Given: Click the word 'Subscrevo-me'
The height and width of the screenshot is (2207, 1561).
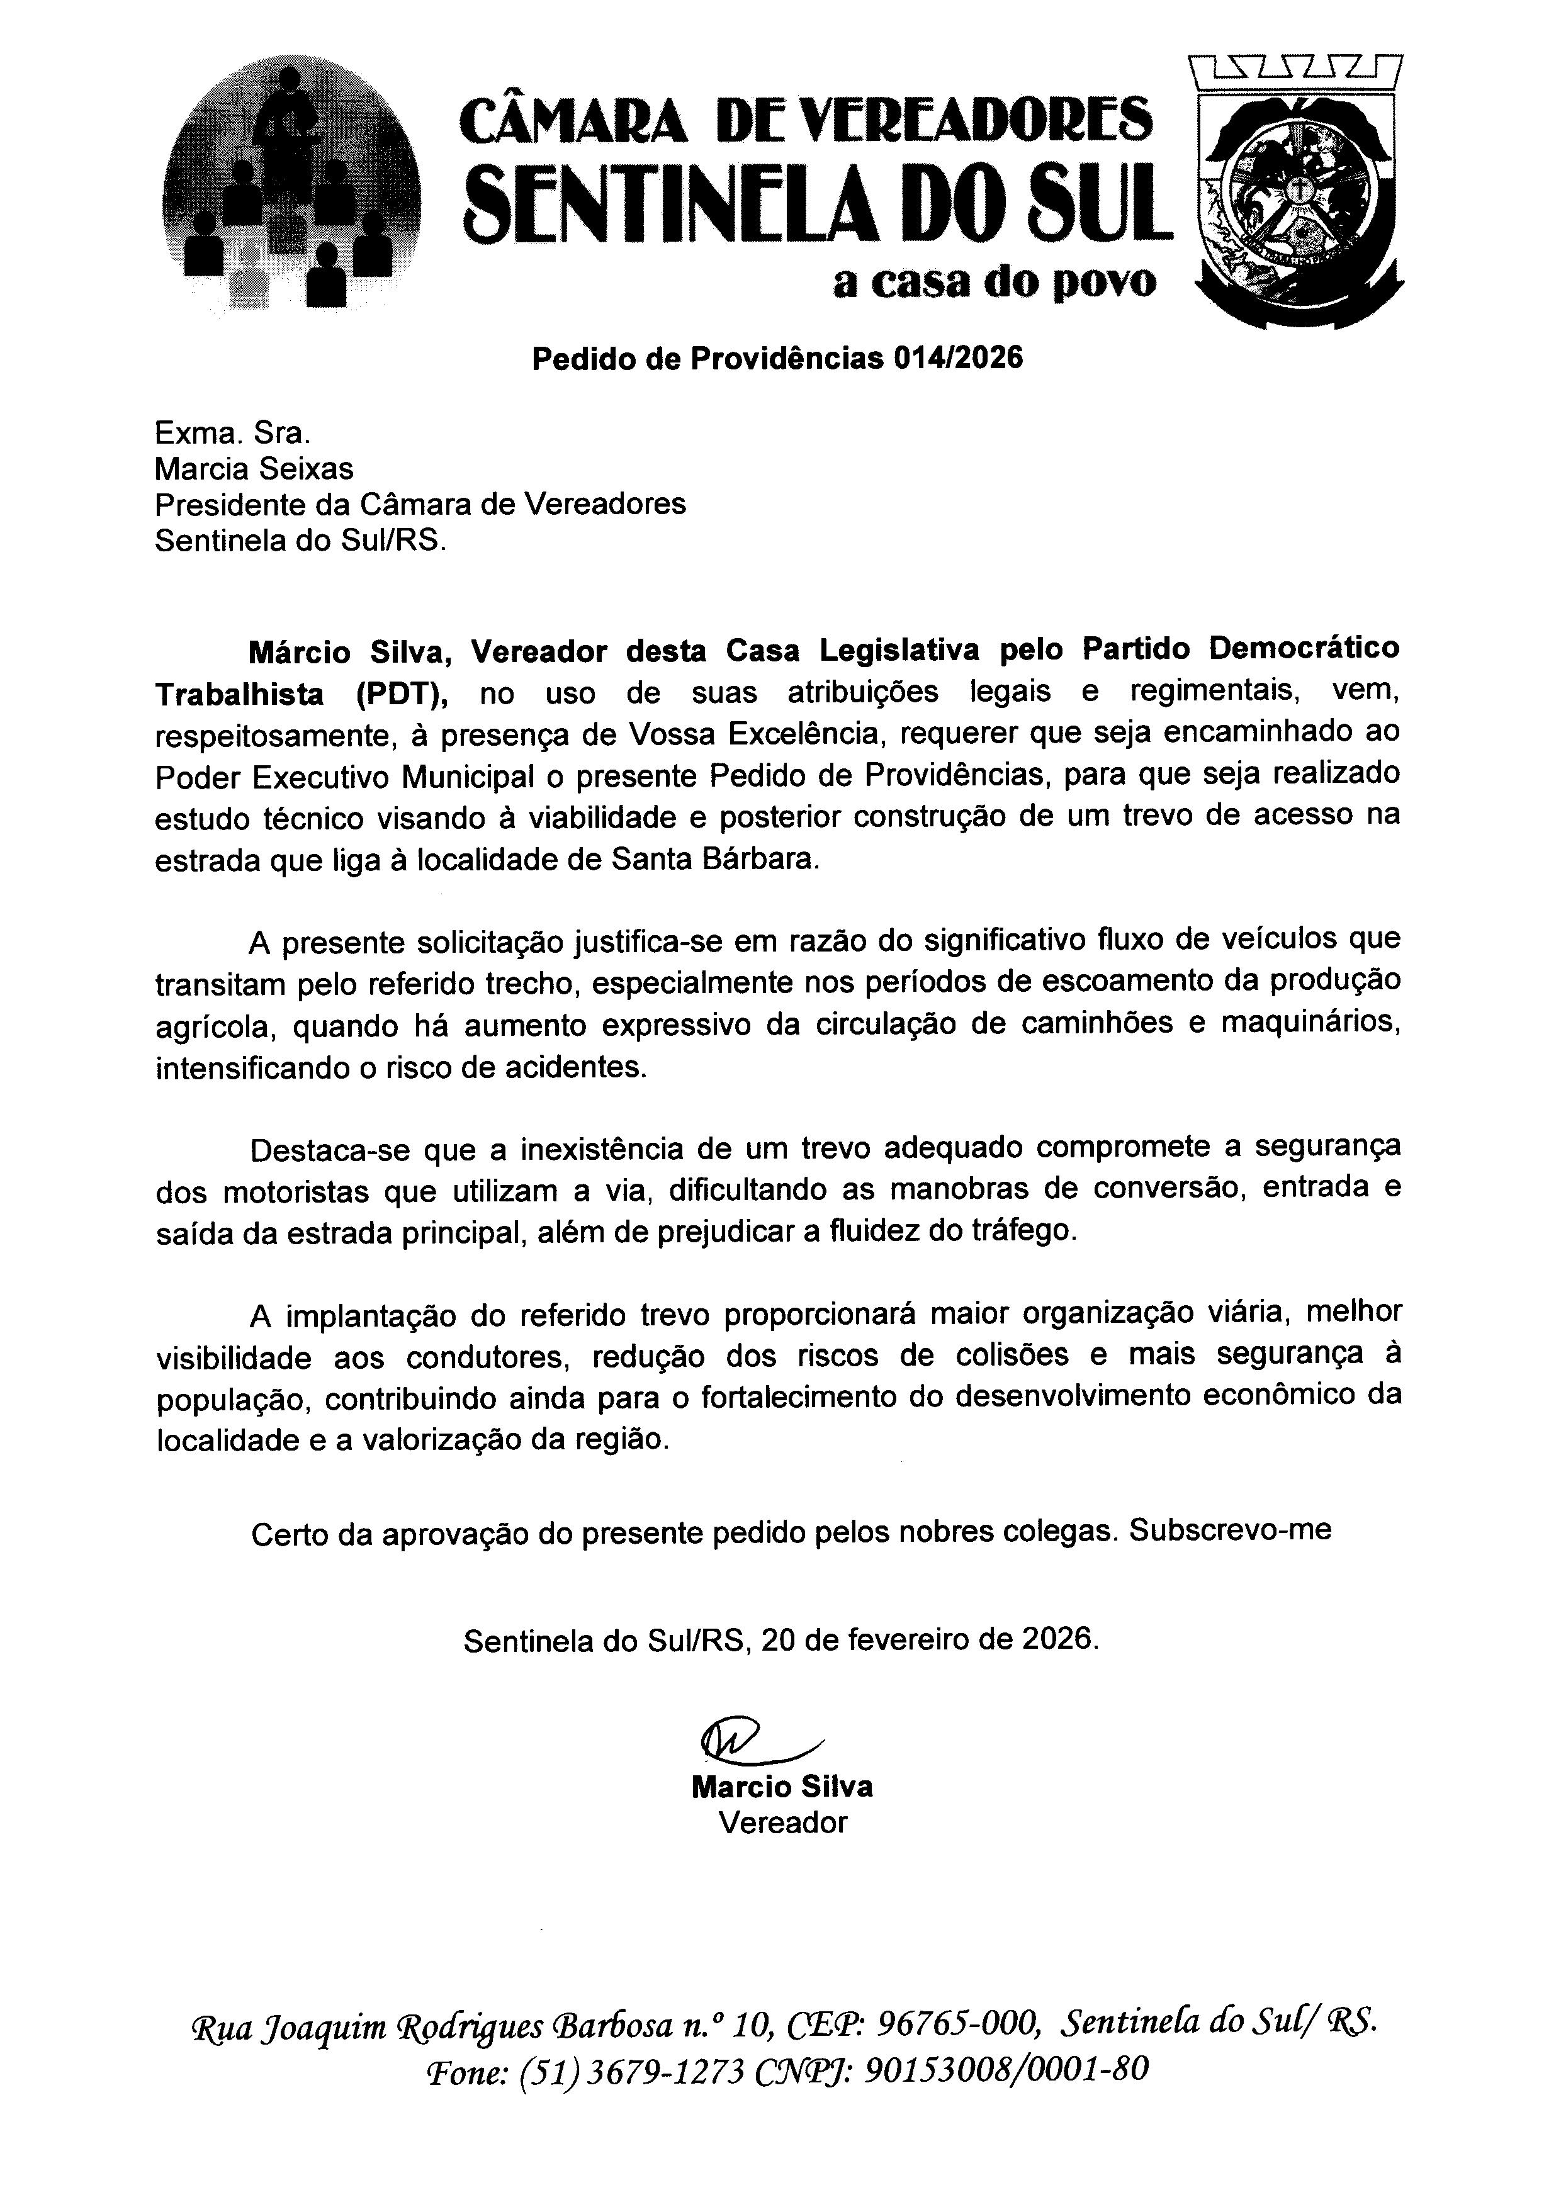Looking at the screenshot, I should pyautogui.click(x=1231, y=1529).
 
